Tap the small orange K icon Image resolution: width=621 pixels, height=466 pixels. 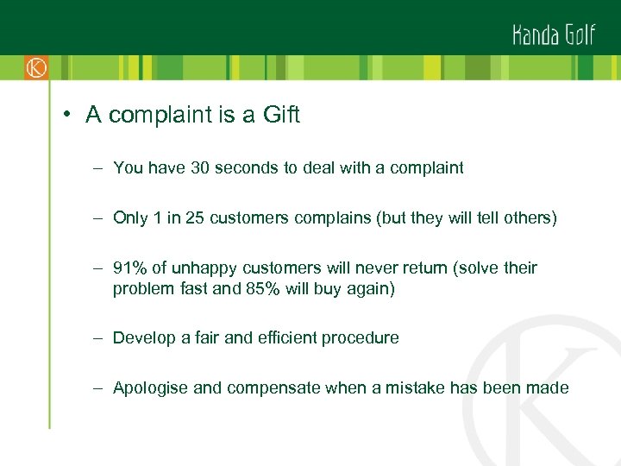35,67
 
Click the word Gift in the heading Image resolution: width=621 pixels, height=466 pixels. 280,116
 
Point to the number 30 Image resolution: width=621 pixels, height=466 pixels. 200,168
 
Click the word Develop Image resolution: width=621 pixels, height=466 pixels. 143,338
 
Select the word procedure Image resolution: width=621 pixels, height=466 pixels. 360,338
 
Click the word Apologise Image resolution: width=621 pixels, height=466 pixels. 150,388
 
